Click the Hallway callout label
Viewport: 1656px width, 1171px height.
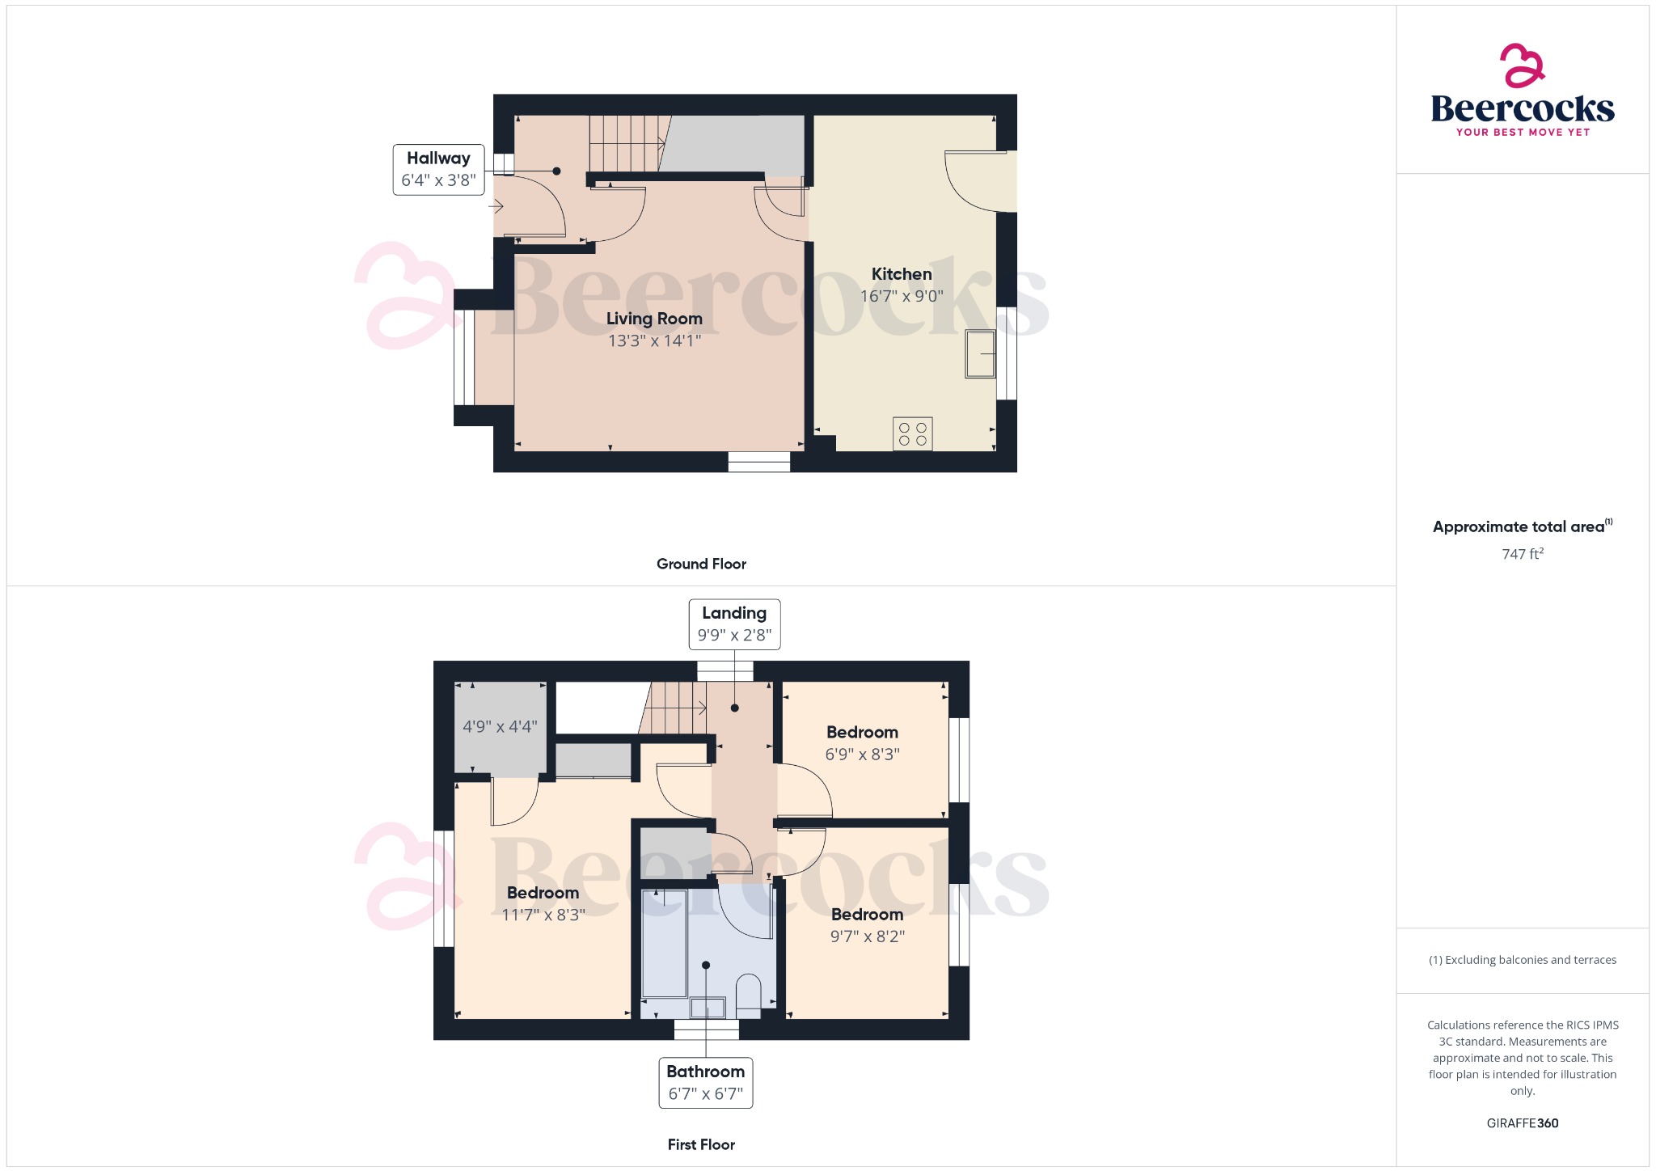(x=438, y=170)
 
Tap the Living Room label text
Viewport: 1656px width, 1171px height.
(x=654, y=319)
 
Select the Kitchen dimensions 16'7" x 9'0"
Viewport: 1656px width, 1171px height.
(x=901, y=296)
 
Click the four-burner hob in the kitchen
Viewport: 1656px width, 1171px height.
(x=912, y=433)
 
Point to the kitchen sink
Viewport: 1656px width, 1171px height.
(x=980, y=354)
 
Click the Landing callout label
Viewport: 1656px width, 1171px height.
(x=733, y=624)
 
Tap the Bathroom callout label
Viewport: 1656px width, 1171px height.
(x=705, y=1082)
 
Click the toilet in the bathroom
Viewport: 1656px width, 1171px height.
(x=749, y=994)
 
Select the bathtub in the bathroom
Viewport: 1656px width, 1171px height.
(x=664, y=944)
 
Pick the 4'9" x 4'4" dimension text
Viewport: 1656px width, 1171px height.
(x=500, y=726)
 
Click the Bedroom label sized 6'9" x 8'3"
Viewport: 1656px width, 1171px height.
(x=862, y=733)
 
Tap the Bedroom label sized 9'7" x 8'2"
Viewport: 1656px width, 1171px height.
(x=867, y=915)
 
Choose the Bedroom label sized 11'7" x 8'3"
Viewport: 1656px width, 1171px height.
(x=543, y=893)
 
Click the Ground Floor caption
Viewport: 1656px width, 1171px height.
(x=701, y=564)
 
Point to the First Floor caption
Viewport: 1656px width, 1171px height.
(x=701, y=1144)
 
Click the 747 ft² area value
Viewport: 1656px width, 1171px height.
(x=1522, y=554)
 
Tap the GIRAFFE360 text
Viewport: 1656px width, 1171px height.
(x=1522, y=1122)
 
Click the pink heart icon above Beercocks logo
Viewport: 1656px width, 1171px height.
(x=1522, y=66)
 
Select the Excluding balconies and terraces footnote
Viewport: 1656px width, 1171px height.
(x=1522, y=960)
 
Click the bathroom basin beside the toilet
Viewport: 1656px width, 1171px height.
(x=708, y=1008)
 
